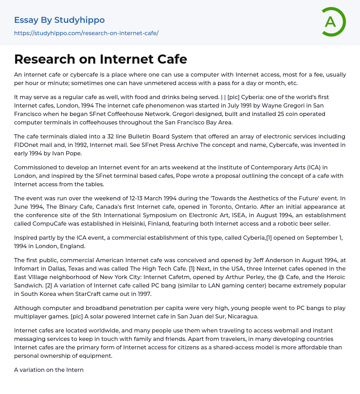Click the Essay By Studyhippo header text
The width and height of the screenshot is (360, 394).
(59, 20)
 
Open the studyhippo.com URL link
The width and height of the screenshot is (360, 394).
(86, 33)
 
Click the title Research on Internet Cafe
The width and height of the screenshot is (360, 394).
(101, 59)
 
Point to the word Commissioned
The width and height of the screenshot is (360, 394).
(37, 167)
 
